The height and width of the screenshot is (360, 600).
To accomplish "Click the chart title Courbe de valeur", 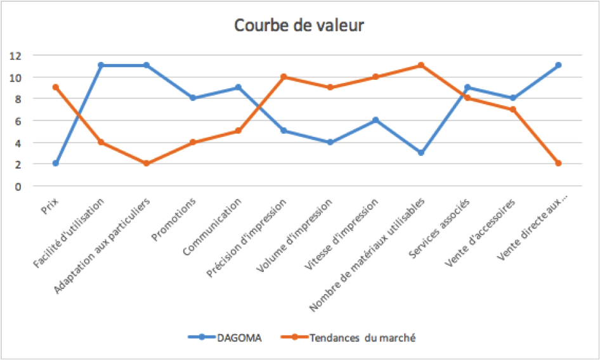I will [299, 25].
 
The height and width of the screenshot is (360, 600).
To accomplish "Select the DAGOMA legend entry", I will [228, 337].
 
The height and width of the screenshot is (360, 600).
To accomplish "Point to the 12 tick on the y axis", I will [16, 56].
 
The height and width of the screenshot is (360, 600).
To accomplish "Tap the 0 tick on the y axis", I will [18, 186].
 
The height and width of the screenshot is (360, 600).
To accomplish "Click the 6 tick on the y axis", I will [18, 121].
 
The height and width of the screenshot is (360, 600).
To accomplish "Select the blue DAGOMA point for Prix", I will [56, 164].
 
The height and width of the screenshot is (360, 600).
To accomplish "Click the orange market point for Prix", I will [56, 87].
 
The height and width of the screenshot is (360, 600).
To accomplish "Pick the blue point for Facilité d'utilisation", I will [101, 65].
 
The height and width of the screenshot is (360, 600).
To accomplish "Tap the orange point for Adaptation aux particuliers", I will [147, 164].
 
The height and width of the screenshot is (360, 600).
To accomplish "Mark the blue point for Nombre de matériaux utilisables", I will [421, 153].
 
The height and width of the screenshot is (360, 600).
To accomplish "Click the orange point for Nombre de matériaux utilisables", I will [421, 65].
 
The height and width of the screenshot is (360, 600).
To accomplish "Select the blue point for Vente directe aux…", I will [558, 65].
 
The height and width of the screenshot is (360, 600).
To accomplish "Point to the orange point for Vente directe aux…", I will [558, 164].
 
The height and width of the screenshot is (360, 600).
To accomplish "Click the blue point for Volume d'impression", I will [330, 142].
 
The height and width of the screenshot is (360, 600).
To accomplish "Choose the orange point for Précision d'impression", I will [284, 77].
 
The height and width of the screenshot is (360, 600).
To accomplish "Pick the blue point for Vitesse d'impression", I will [375, 120].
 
